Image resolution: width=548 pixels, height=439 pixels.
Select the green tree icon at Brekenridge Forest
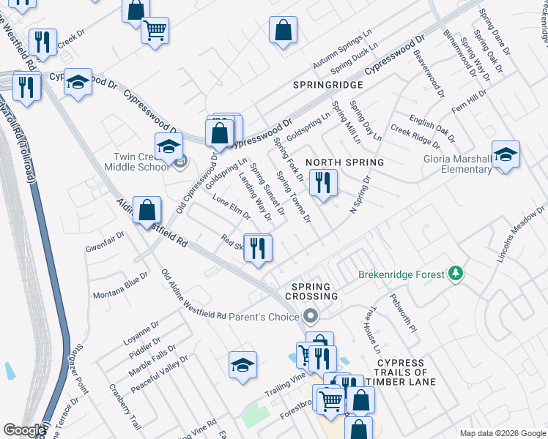pos(456,274)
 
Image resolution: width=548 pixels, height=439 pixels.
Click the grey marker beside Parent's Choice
pos(311,317)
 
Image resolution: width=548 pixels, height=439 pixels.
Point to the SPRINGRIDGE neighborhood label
pos(328,86)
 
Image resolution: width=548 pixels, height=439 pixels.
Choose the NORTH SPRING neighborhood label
pos(344,162)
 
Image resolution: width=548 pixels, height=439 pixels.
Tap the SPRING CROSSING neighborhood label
pos(315,291)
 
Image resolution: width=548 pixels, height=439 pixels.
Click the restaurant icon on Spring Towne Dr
pos(323,181)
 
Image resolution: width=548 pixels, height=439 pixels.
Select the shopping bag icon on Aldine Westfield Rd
pos(147,210)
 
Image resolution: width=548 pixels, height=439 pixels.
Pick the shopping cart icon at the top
pos(155,31)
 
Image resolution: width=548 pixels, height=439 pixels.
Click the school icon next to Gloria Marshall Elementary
pos(506,154)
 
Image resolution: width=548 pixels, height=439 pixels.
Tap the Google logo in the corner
pos(24,430)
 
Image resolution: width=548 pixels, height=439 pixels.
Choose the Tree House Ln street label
pos(374,325)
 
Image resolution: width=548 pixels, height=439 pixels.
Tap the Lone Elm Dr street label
pos(231,208)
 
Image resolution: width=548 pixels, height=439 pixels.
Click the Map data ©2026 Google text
pos(502,432)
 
